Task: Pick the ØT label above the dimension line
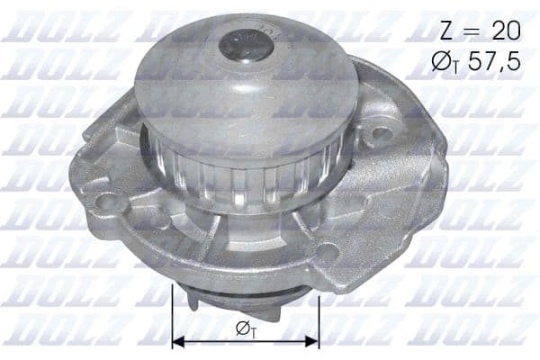click(x=244, y=328)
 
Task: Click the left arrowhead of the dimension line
click(x=176, y=342)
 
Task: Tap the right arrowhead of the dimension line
click(x=314, y=342)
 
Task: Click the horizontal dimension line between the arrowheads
click(x=245, y=342)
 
